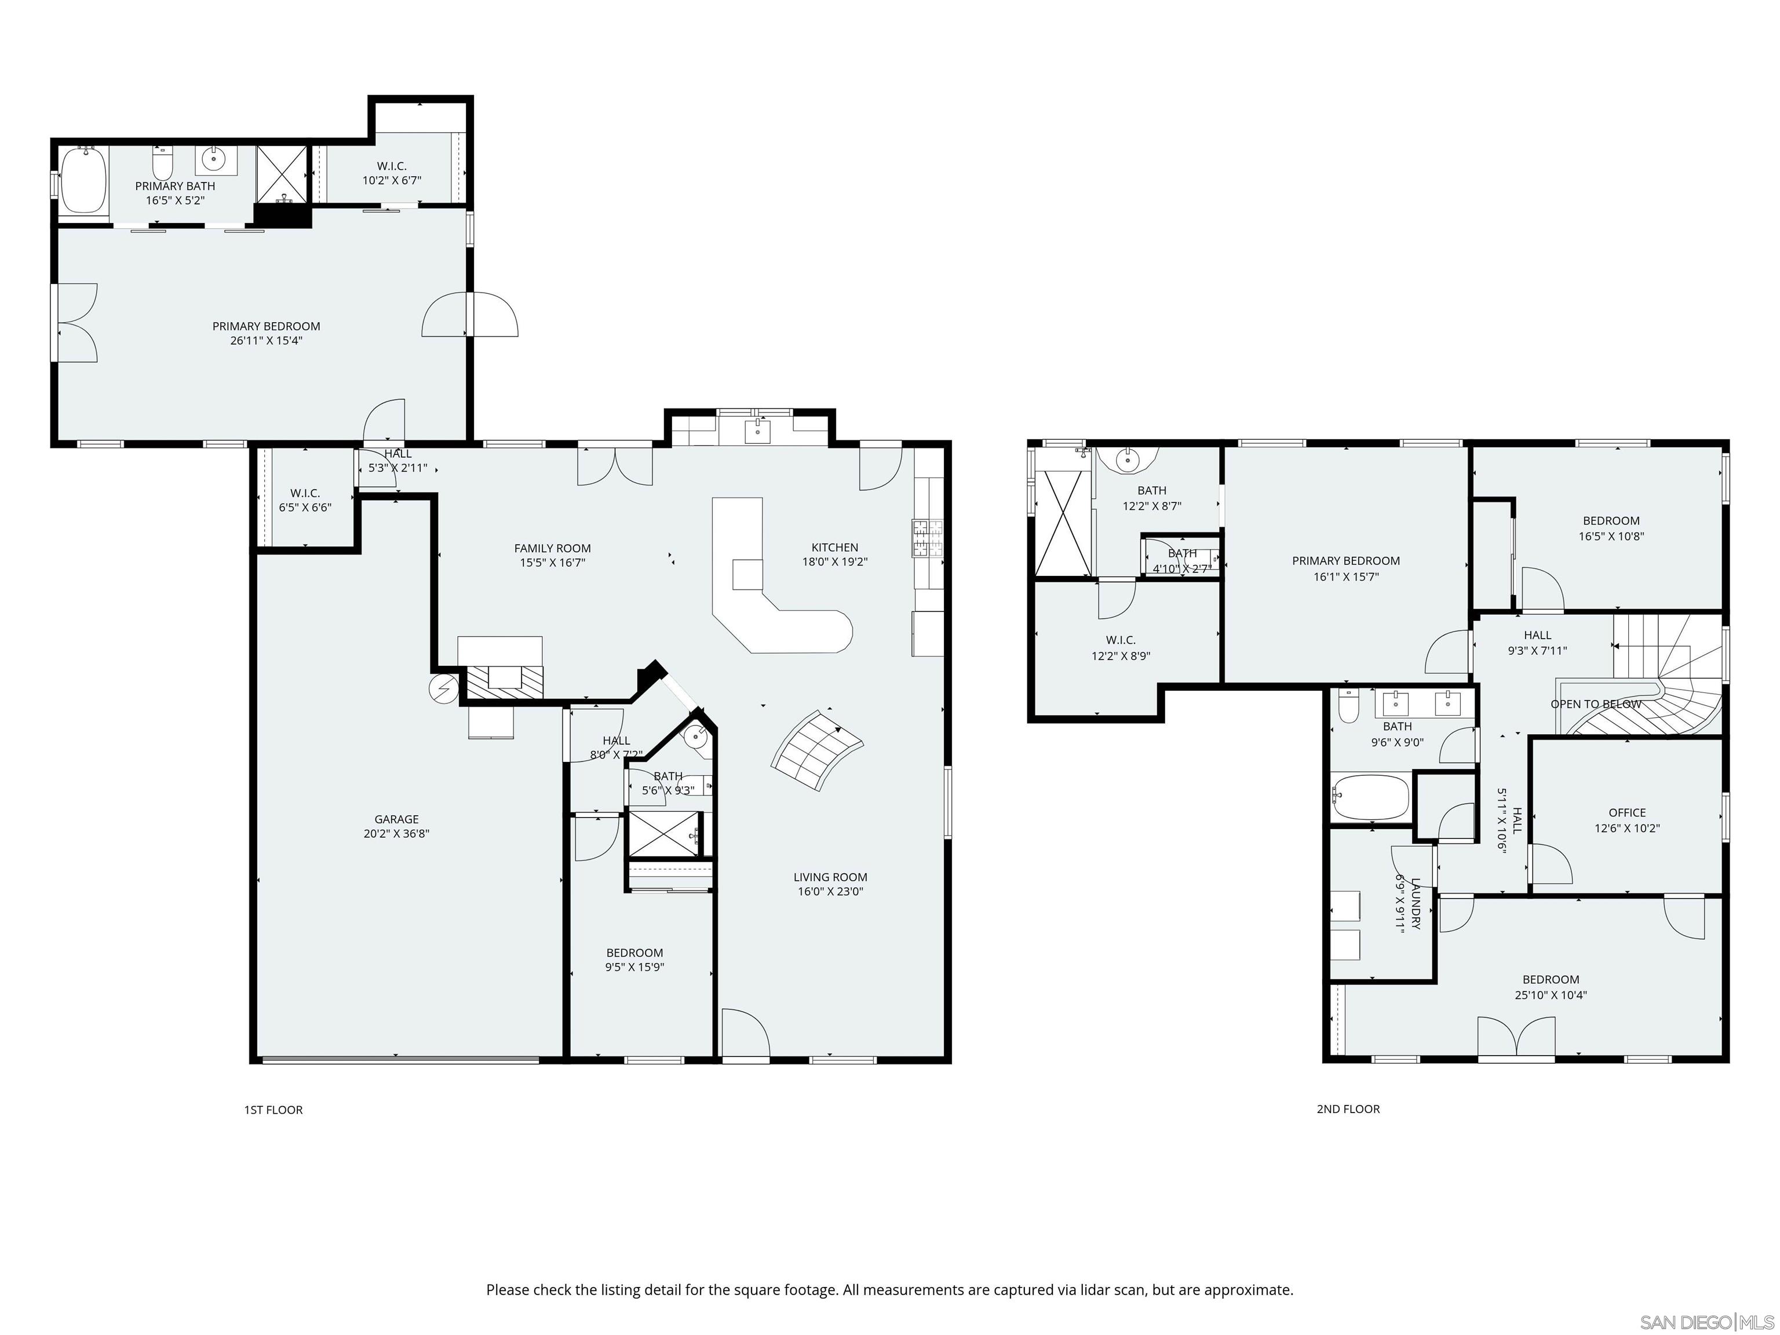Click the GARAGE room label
point(396,819)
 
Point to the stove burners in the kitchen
point(927,538)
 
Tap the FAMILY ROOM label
point(552,548)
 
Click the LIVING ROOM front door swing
point(745,1033)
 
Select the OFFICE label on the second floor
point(1626,813)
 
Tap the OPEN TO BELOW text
point(1595,704)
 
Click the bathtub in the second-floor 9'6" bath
point(1370,796)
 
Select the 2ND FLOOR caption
point(1348,1109)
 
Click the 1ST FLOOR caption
point(273,1110)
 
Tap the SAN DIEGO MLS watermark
point(1706,1322)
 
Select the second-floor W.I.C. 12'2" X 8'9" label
point(1120,648)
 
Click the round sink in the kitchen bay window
point(757,431)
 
